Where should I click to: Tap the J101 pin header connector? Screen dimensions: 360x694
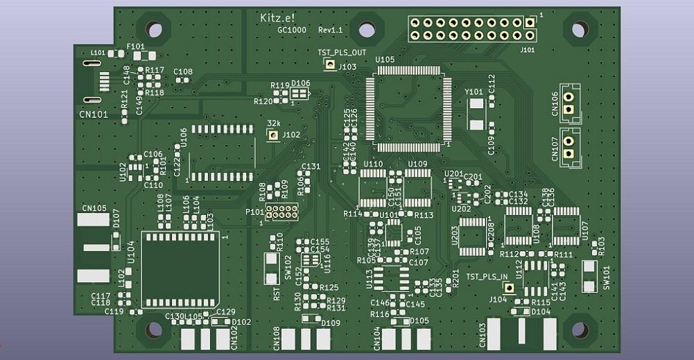[x=471, y=28]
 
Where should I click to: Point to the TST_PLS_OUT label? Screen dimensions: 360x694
[x=342, y=53]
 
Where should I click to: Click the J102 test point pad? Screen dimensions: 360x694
[x=274, y=135]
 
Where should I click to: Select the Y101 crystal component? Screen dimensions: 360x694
[x=476, y=114]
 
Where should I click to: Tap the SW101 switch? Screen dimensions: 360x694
[x=589, y=276]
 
